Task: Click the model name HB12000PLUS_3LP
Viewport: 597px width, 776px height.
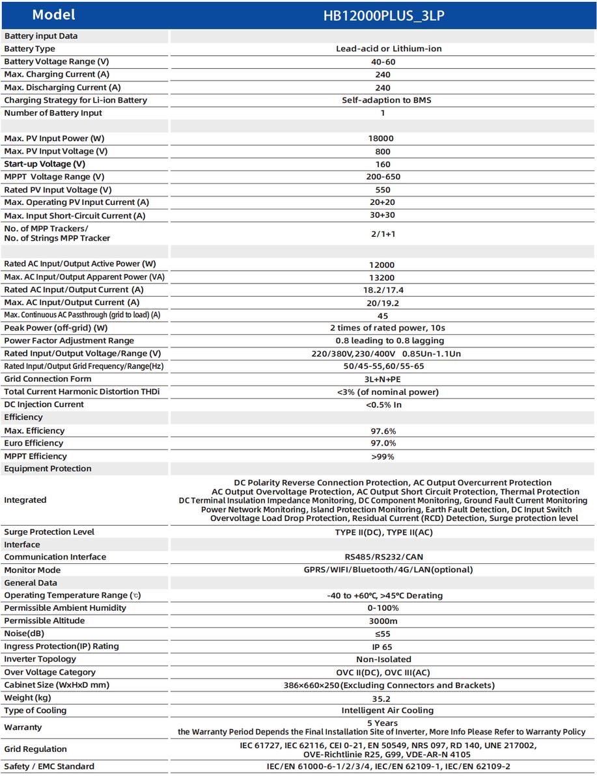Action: click(383, 16)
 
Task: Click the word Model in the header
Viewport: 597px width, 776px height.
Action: click(53, 15)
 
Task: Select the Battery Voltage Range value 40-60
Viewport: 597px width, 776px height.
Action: click(383, 62)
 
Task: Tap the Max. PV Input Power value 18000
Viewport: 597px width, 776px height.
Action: click(383, 139)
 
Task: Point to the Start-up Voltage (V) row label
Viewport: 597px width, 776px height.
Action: click(44, 164)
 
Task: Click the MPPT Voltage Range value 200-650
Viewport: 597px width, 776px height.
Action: click(383, 177)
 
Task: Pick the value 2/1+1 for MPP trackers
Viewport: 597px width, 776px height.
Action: click(383, 233)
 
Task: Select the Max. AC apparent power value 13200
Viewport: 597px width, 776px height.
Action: click(383, 277)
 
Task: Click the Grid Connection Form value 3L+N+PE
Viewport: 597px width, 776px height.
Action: click(383, 379)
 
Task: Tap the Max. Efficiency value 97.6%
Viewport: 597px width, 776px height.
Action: click(383, 431)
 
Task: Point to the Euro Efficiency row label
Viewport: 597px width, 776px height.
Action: click(33, 443)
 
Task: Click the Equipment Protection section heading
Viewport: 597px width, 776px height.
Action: click(48, 468)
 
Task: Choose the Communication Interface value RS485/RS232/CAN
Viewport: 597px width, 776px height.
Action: click(383, 557)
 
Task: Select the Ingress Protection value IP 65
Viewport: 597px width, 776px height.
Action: click(383, 647)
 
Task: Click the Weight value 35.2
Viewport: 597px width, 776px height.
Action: click(383, 698)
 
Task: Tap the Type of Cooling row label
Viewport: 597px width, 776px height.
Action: click(35, 710)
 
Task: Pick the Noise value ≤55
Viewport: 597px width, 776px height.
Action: click(383, 634)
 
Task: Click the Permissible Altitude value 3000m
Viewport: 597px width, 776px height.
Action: click(383, 621)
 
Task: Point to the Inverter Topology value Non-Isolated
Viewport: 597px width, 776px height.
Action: click(383, 660)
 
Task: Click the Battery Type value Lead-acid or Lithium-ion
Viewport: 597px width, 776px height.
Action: click(383, 49)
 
